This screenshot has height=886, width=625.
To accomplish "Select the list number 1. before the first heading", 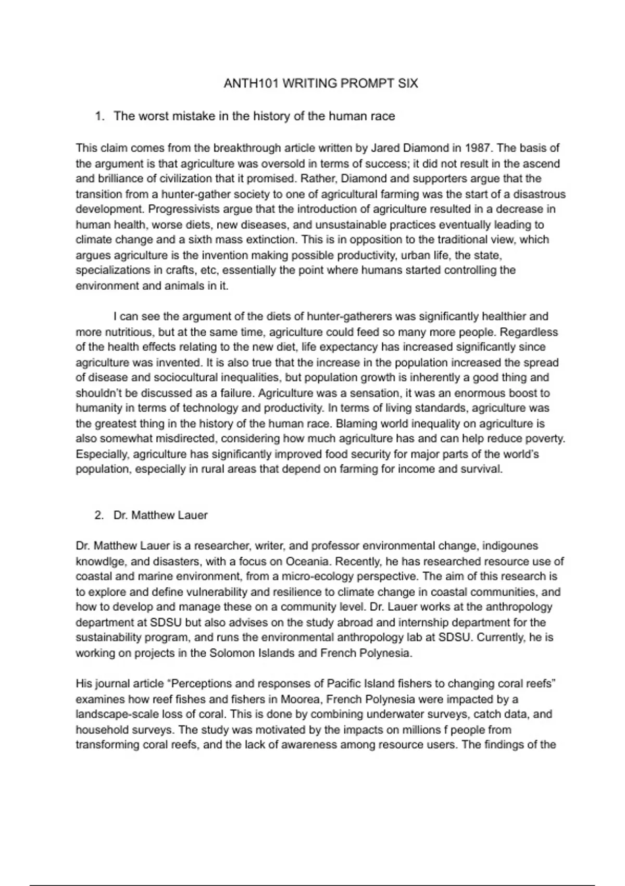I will coord(99,116).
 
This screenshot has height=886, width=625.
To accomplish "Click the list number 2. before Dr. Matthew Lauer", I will coord(99,515).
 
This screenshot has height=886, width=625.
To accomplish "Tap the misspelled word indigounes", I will coord(510,546).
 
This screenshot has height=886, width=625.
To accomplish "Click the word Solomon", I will coord(233,653).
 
